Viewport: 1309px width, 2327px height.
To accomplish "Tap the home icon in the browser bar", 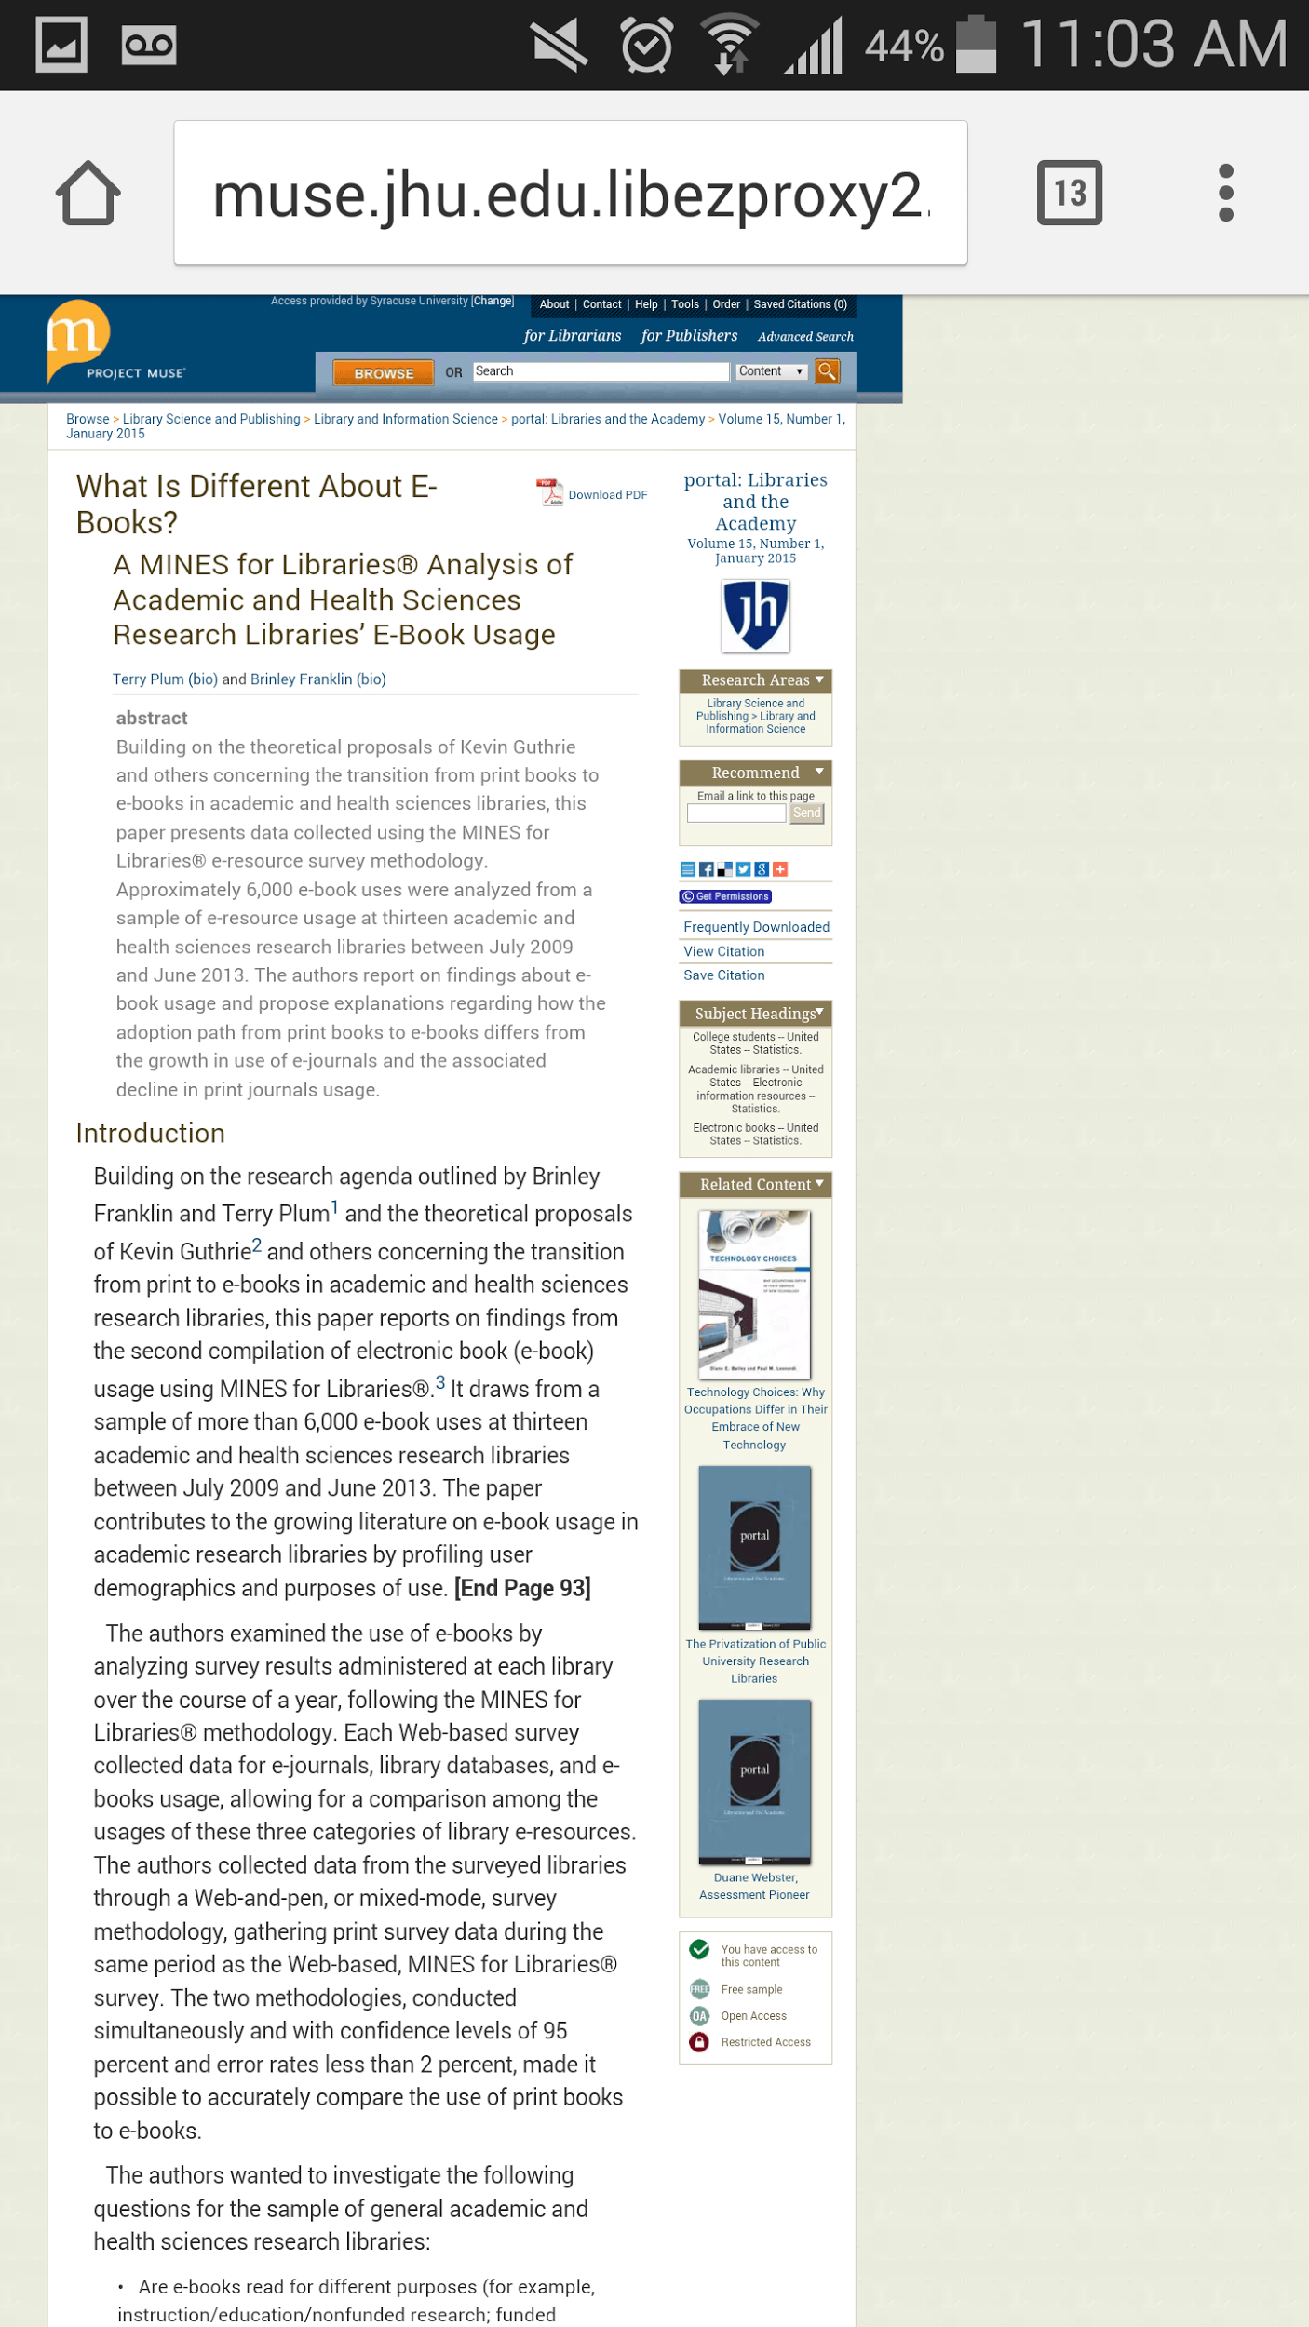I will tap(88, 193).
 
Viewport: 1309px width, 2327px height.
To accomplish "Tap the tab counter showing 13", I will tap(1069, 193).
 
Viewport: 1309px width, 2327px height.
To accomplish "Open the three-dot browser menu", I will tap(1225, 193).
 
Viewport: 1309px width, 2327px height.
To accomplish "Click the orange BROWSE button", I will tap(384, 373).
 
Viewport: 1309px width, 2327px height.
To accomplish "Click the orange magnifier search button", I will tap(827, 371).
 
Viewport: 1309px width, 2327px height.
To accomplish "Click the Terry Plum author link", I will tap(149, 679).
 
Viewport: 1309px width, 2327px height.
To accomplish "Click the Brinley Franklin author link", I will tap(301, 679).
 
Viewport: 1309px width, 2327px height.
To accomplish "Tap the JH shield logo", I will tap(755, 614).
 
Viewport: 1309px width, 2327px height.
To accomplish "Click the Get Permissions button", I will tap(725, 896).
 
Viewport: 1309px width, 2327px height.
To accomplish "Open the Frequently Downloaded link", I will tap(756, 927).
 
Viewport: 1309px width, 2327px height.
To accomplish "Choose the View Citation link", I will tap(723, 951).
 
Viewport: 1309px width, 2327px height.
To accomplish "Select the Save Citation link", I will tap(723, 975).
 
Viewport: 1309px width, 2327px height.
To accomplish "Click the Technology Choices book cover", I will tap(754, 1294).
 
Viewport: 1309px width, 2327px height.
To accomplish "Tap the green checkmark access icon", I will tap(699, 1949).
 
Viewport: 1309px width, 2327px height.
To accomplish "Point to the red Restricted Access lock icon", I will tap(699, 2042).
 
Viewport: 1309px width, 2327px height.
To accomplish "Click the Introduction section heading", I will tap(150, 1134).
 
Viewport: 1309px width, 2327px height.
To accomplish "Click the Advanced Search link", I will tap(805, 337).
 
